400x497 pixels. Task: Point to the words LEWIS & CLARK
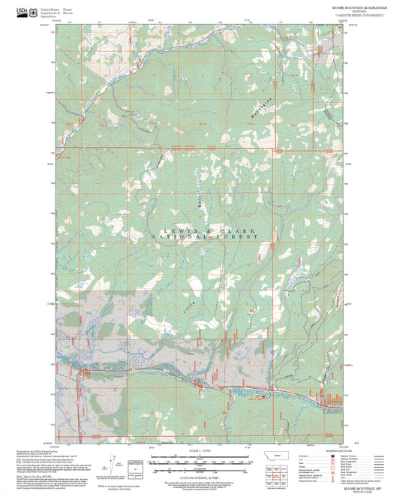click(x=205, y=230)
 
